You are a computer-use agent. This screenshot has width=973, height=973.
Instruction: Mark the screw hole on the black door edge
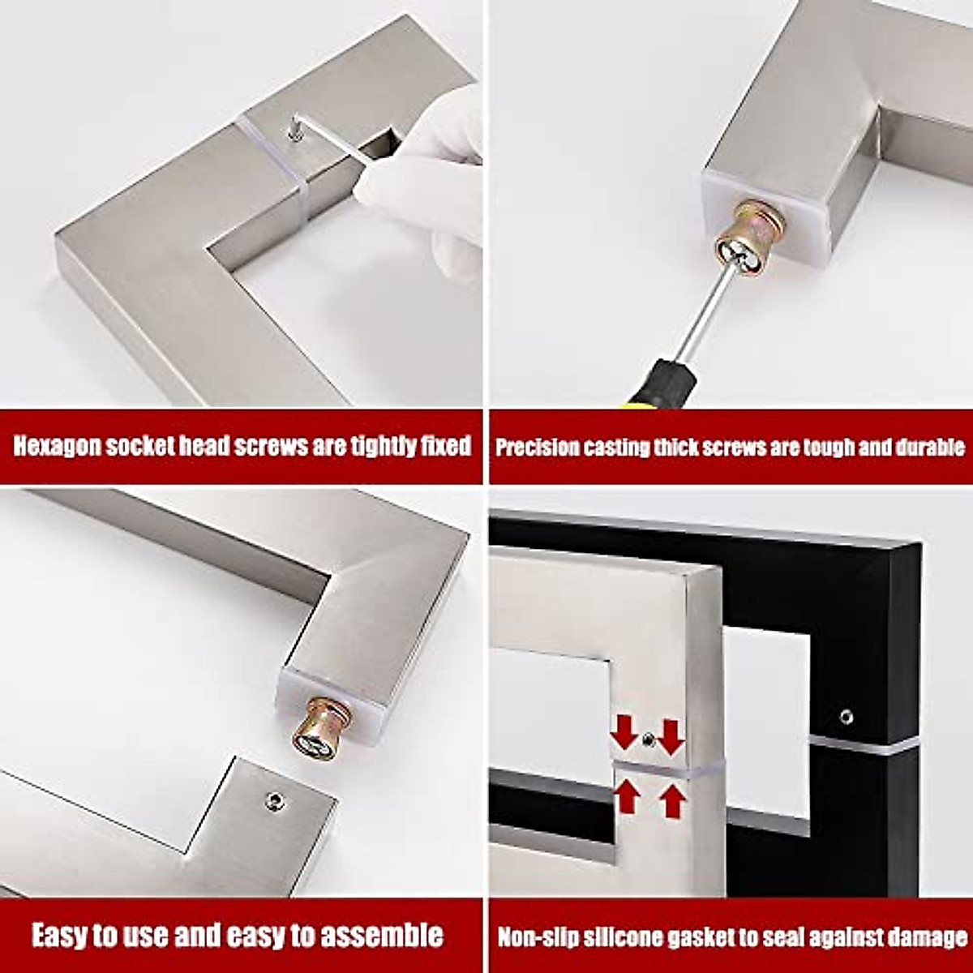[x=847, y=717]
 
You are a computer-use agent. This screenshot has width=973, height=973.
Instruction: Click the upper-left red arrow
[x=624, y=731]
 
